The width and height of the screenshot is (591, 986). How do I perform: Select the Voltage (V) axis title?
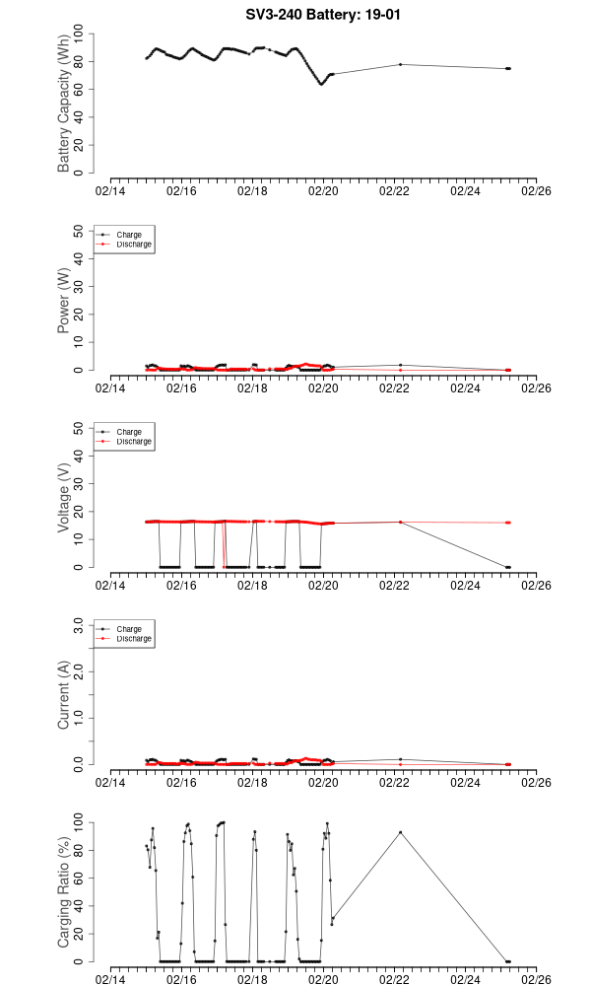point(65,498)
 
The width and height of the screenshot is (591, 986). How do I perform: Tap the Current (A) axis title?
point(65,695)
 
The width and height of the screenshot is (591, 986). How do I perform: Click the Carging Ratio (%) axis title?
point(65,892)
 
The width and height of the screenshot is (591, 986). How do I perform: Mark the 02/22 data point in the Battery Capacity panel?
point(400,64)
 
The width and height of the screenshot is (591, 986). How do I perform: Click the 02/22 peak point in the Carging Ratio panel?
point(400,832)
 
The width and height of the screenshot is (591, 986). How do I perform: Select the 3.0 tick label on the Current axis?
point(82,625)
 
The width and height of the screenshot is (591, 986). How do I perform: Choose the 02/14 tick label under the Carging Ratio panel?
point(110,980)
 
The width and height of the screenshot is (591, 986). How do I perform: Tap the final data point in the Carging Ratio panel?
point(508,961)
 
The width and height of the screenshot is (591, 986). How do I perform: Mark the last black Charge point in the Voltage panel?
point(508,567)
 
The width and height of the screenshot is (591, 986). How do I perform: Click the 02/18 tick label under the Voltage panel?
point(252,586)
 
